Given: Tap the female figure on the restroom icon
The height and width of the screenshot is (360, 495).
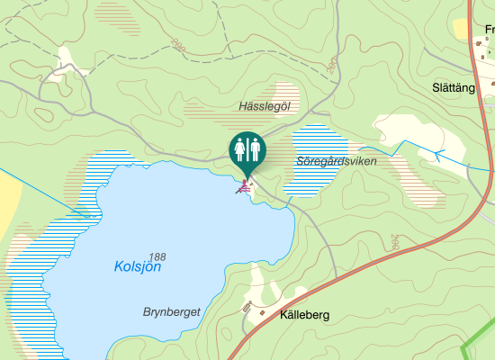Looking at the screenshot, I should click(240, 148).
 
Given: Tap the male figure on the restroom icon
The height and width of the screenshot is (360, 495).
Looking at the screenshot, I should click(254, 148).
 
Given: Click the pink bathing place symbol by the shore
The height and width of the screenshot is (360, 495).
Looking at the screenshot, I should click(242, 187).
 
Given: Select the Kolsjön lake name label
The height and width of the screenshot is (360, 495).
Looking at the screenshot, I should click(138, 266).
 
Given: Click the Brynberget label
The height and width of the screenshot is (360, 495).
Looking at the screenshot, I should click(171, 311).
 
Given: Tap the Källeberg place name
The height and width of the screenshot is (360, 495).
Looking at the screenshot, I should click(305, 315).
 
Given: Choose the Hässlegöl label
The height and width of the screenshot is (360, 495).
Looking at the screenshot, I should click(265, 106).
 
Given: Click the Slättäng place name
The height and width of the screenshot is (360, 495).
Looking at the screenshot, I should click(454, 87).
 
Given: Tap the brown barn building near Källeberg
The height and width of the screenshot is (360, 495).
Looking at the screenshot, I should click(247, 308).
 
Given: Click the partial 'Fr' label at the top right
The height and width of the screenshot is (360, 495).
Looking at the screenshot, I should click(489, 28).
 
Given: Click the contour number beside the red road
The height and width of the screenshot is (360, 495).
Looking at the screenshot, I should click(395, 241).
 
